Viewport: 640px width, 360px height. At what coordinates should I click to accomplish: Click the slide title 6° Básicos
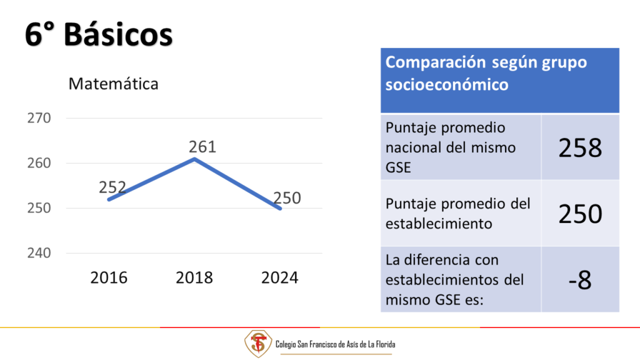coord(99,34)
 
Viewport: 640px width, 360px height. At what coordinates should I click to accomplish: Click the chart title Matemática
coord(113,84)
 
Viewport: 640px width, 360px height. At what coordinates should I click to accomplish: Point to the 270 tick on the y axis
coord(39,118)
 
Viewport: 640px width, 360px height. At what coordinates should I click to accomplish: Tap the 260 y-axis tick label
coord(39,163)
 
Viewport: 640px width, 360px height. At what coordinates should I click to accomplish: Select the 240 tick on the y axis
coord(39,253)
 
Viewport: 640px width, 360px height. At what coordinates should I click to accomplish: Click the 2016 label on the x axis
coord(109,277)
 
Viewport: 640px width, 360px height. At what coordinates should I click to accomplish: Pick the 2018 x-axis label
coord(194,277)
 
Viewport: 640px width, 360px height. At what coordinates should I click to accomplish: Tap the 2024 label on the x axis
coord(279,277)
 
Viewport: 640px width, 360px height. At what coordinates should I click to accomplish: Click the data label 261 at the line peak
coord(202,146)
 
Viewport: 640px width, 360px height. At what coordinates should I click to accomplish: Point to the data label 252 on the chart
coord(112,187)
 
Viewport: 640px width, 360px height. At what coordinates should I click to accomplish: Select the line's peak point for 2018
coord(194,159)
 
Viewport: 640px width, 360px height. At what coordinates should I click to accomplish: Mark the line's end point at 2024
coord(280,209)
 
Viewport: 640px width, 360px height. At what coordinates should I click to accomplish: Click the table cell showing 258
coord(580,147)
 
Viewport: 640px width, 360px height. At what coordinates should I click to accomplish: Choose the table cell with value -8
coord(580,280)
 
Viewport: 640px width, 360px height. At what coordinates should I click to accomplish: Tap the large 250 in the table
coord(580,214)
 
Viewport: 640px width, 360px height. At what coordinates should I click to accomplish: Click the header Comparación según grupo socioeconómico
coord(486,74)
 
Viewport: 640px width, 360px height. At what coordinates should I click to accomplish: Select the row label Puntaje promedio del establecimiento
coord(458,214)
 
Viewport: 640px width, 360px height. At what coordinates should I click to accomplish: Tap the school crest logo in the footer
coord(258,344)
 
